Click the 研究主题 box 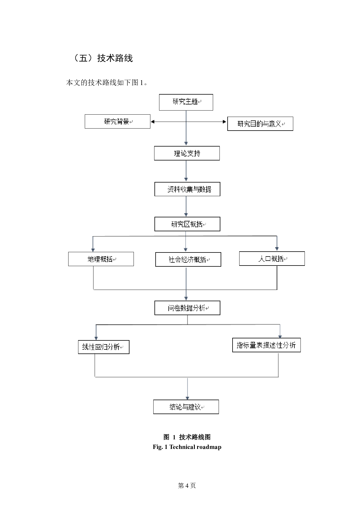point(186,102)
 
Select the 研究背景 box point(117,122)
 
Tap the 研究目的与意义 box point(260,124)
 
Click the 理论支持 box point(187,153)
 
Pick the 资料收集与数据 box point(187,189)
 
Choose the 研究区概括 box point(187,224)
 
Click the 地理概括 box point(101,259)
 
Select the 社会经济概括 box point(188,259)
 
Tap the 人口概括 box point(272,259)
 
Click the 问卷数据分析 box point(187,308)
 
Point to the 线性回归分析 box point(104,347)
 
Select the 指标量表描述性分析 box point(266,345)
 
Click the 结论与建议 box point(186,407)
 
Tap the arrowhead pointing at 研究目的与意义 point(224,122)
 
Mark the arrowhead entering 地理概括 point(93,250)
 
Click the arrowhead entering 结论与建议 point(187,398)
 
